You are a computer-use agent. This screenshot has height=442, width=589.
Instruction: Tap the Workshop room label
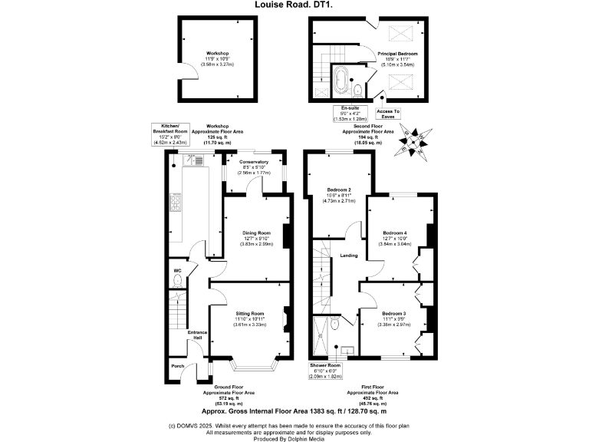tap(218, 54)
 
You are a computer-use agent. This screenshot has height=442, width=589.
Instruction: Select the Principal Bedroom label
tap(397, 54)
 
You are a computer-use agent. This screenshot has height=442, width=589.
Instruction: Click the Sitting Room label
tap(249, 313)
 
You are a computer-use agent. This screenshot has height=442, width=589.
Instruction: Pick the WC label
tap(177, 271)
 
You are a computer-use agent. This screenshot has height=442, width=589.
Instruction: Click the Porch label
tap(177, 366)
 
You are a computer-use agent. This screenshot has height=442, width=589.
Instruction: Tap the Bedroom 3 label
tap(393, 313)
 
